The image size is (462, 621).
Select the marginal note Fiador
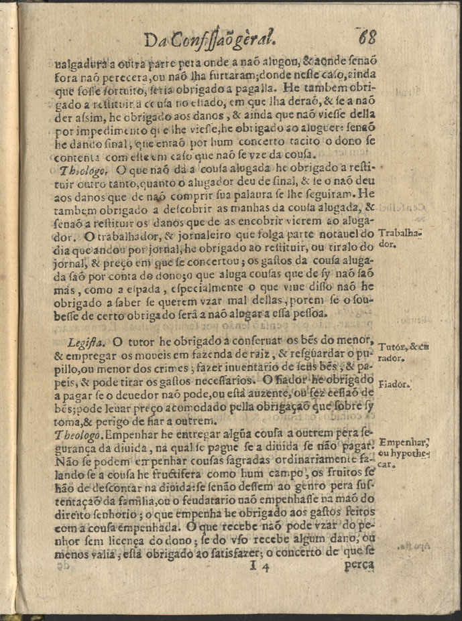(394, 385)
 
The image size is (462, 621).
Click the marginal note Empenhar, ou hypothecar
(404, 452)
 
